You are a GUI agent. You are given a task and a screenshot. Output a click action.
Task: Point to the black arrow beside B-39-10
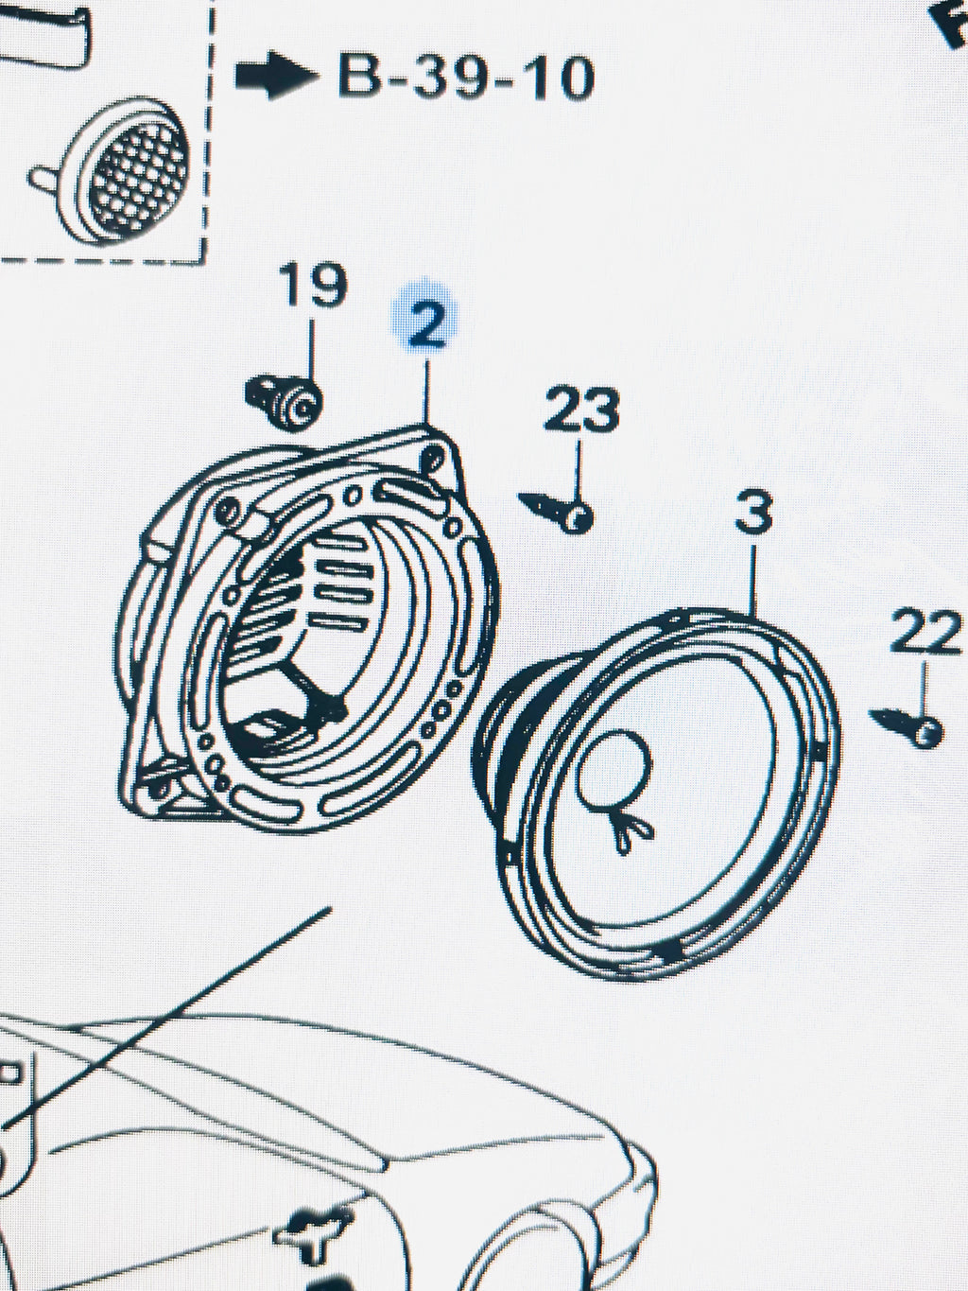[x=276, y=75]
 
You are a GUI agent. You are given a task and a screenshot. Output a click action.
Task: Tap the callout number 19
[x=313, y=284]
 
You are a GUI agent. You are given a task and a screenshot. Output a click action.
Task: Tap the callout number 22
[x=925, y=631]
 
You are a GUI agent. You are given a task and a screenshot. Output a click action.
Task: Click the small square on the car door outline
[x=11, y=1071]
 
